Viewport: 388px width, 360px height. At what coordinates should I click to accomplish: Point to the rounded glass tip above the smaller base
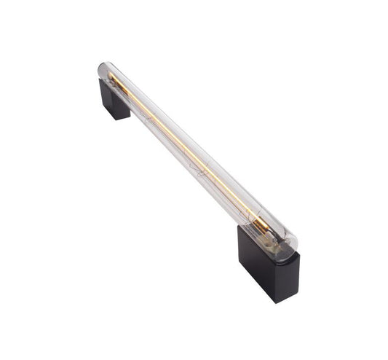coord(103,70)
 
